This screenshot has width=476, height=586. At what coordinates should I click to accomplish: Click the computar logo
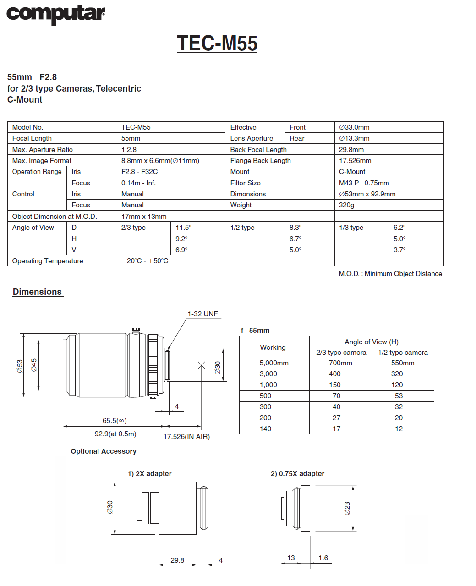tap(55, 14)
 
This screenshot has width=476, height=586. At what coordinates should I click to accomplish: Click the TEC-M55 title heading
tap(217, 43)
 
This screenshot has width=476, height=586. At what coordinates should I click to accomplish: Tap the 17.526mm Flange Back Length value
tap(355, 161)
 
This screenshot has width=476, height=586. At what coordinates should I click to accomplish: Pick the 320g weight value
tap(347, 205)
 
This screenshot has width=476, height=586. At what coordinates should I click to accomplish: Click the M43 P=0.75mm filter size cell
tap(364, 183)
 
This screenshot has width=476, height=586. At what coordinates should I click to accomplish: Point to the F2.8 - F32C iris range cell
tap(139, 172)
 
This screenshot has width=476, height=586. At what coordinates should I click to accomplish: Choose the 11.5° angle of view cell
tap(183, 228)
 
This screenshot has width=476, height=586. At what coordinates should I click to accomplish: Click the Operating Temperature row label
tap(48, 261)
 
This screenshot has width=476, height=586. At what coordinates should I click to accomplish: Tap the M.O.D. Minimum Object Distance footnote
tap(390, 274)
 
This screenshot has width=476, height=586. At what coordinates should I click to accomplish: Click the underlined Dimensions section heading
tap(37, 292)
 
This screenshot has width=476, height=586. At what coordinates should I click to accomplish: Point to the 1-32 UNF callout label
tap(202, 314)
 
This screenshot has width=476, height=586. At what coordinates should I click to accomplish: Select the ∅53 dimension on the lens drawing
tap(20, 366)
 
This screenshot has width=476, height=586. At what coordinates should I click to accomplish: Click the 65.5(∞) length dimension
tap(115, 421)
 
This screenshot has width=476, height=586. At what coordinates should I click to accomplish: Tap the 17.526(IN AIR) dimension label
tap(186, 437)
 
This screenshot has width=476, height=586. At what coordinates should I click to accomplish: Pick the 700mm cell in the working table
tap(340, 363)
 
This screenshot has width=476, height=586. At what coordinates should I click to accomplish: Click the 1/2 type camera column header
tap(403, 353)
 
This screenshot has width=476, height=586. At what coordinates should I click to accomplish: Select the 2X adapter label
tap(150, 474)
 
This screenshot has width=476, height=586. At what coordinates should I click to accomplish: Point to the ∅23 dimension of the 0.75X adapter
tap(347, 508)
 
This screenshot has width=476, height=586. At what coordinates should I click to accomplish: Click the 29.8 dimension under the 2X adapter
tap(177, 560)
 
